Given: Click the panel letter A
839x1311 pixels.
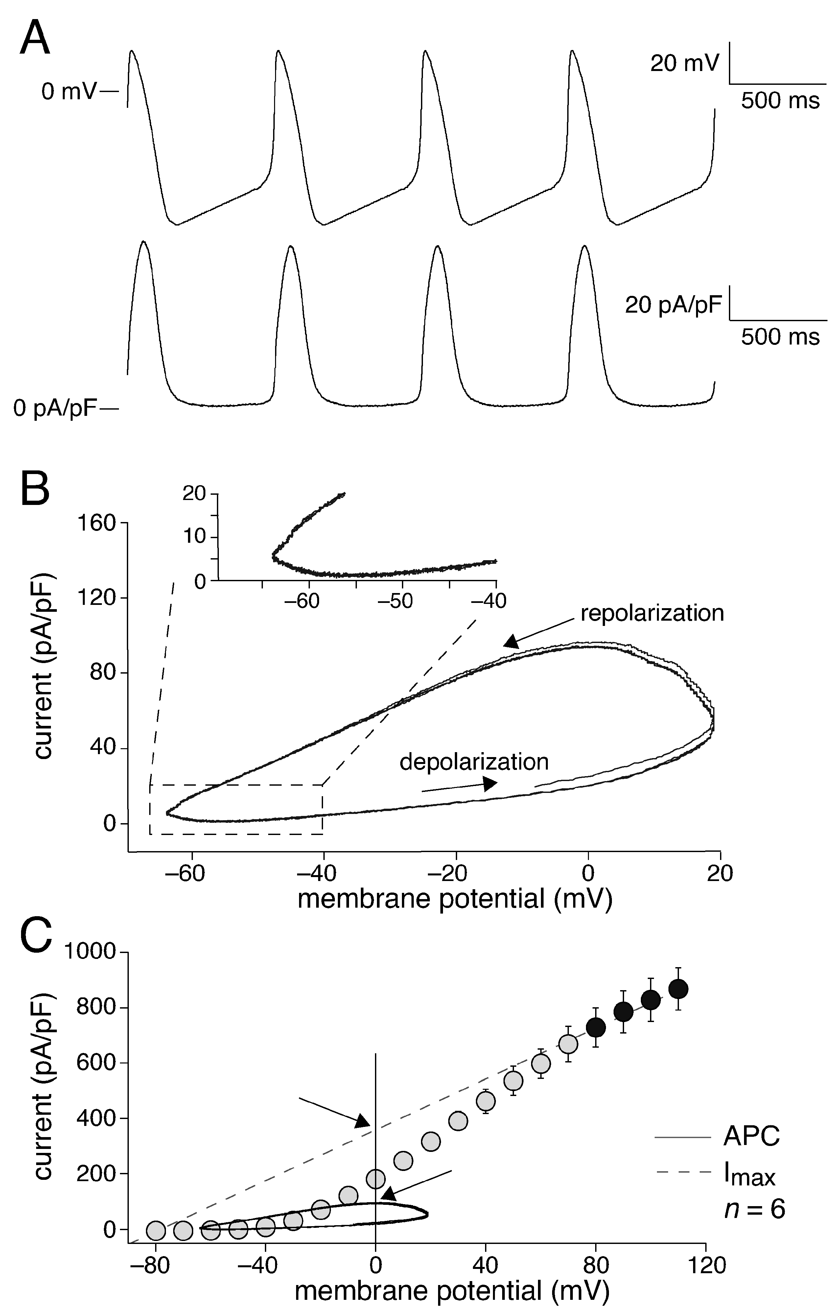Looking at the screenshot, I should pyautogui.click(x=35, y=38).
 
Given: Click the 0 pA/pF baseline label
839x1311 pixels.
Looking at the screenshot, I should pyautogui.click(x=55, y=409).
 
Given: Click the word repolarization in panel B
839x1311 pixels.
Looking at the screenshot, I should pyautogui.click(x=652, y=613).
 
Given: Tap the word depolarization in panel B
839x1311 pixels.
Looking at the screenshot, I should pyautogui.click(x=474, y=762).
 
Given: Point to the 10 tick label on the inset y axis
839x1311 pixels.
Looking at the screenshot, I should pyautogui.click(x=195, y=537).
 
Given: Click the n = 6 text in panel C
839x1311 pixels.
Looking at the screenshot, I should pyautogui.click(x=755, y=1194).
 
